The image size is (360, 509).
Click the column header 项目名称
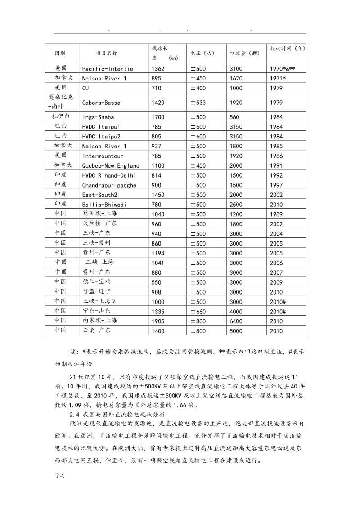click(x=106, y=53)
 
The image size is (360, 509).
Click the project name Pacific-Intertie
click(x=108, y=69)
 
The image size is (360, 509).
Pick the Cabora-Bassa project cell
click(x=101, y=103)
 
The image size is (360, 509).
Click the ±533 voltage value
click(x=198, y=103)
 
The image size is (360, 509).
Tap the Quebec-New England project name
click(x=111, y=166)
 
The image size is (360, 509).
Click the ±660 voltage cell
click(x=198, y=311)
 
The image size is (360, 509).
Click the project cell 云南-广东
click(x=96, y=330)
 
